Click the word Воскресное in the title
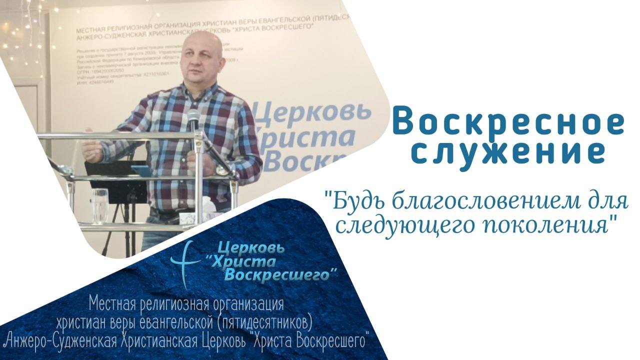point(508,122)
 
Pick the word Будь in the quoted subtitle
point(350,202)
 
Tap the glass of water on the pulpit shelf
point(100,205)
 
